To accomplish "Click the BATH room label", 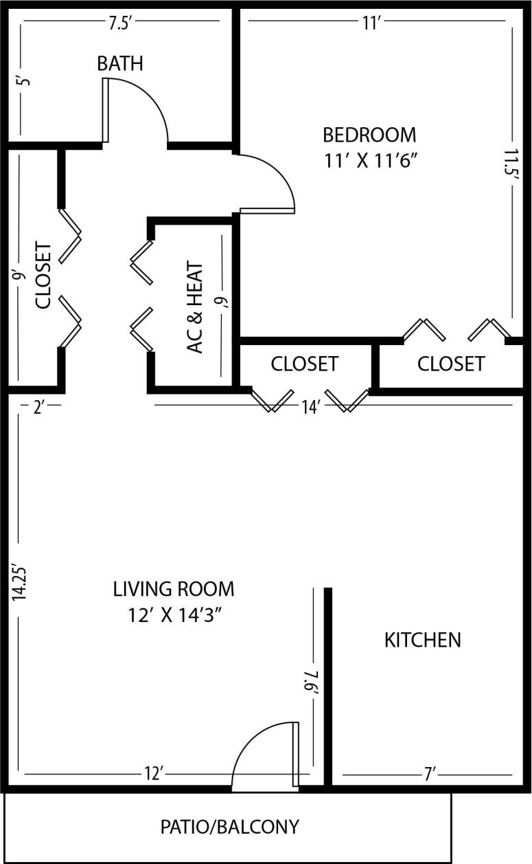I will (x=120, y=64).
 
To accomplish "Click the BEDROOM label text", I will (x=369, y=134).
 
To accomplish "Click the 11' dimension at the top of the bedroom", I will (x=371, y=23).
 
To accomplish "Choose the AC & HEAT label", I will (x=196, y=307).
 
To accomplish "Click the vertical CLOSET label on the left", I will (x=43, y=275).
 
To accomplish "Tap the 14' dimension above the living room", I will (x=310, y=408).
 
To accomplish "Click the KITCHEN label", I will (x=422, y=640).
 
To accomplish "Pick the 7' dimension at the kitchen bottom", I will (x=430, y=775).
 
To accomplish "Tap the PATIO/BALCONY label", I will (x=230, y=826).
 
